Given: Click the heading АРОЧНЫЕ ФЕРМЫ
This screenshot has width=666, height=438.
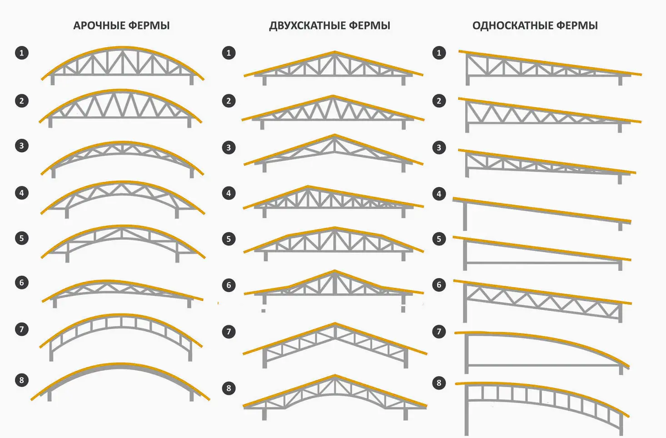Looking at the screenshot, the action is (121, 25).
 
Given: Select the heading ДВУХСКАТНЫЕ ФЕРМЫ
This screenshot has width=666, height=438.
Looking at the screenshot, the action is (329, 25).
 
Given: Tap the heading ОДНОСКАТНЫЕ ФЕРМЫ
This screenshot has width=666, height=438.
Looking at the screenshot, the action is (535, 25).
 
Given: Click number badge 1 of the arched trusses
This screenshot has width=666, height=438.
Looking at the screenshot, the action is (22, 53).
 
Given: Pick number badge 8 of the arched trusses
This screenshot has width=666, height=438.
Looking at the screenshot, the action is (22, 380).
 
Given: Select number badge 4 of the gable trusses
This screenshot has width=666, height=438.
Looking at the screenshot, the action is (229, 193).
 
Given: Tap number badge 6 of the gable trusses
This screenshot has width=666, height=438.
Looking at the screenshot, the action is (229, 285).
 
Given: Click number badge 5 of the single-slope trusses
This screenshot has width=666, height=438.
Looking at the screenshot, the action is (439, 239).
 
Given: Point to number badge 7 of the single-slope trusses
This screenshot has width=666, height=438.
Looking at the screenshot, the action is (439, 332).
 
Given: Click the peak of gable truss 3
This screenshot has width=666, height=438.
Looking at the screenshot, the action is (334, 135).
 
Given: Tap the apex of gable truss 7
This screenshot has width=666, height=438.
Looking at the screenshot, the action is (335, 324).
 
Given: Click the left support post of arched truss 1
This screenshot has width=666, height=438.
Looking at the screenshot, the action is (53, 80).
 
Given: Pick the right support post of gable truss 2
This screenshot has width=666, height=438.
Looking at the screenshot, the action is (403, 124).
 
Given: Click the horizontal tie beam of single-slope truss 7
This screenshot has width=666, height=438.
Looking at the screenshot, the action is (543, 365).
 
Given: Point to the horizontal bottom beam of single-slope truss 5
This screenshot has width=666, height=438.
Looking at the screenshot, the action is (543, 263).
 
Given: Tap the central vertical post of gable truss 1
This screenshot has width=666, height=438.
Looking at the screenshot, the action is (334, 64).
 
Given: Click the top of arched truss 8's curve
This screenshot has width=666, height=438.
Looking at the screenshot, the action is (120, 364).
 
